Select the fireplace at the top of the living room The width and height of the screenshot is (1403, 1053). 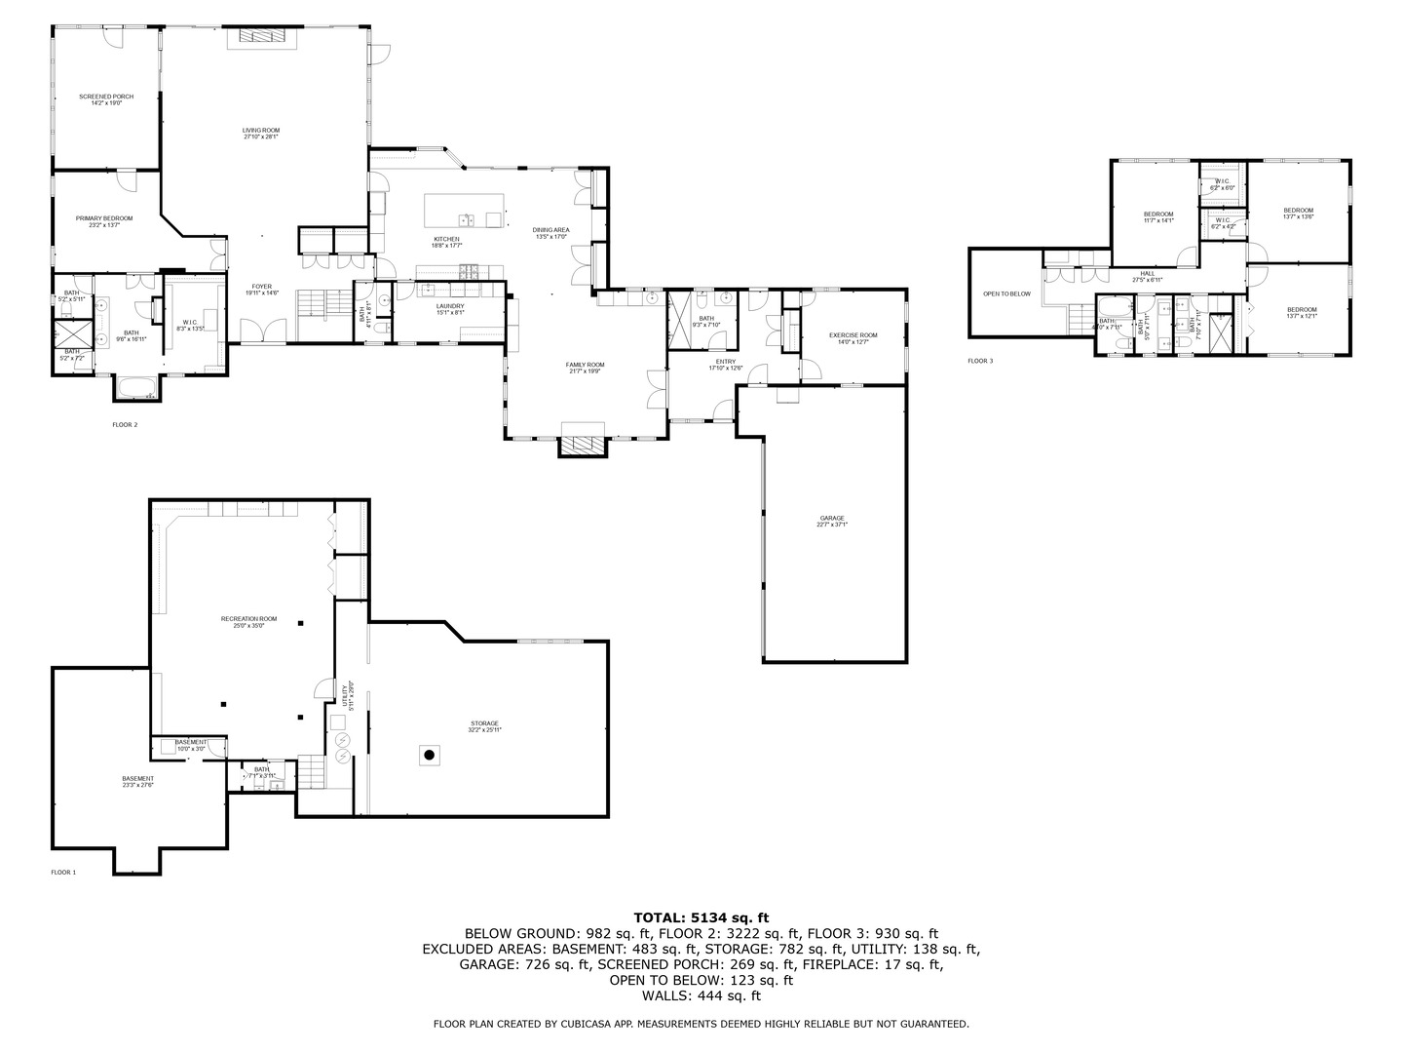260,36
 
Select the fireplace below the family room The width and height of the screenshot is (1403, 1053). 582,446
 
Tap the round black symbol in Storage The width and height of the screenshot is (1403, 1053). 428,754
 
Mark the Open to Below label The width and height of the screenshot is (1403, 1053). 1006,293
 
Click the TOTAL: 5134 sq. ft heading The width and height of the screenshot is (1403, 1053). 701,916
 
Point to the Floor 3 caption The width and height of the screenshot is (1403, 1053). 980,361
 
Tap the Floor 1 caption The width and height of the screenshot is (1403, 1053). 63,872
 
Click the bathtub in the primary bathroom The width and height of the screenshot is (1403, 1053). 136,390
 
